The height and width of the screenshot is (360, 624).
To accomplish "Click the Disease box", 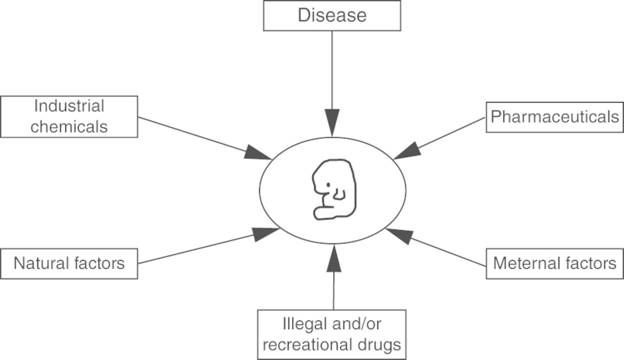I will click(332, 15).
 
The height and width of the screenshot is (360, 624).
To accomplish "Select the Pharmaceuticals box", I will click(554, 117).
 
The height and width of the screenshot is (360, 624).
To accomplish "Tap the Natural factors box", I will click(69, 263).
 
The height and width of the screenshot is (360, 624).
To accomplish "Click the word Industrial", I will click(70, 106).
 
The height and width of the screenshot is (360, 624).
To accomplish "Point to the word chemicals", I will click(70, 126).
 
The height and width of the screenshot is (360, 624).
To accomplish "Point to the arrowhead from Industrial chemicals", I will click(259, 153).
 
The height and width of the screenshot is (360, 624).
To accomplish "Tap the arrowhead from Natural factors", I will click(264, 234).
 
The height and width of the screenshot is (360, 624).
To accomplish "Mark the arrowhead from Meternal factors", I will click(397, 235).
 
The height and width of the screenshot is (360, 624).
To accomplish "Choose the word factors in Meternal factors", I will click(591, 262).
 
